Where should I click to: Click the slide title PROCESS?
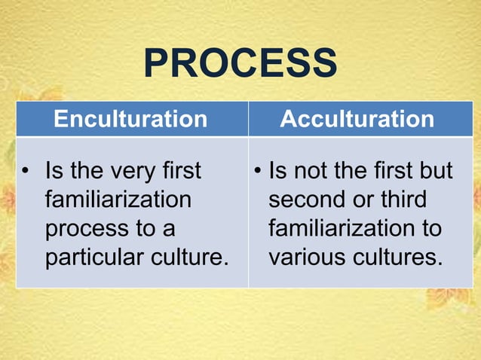(240, 63)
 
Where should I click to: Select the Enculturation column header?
(131, 119)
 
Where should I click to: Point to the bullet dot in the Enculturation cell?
(26, 172)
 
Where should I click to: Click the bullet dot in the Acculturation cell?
(258, 172)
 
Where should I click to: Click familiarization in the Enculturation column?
(118, 200)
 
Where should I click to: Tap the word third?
(402, 200)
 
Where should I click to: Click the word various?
(309, 258)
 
